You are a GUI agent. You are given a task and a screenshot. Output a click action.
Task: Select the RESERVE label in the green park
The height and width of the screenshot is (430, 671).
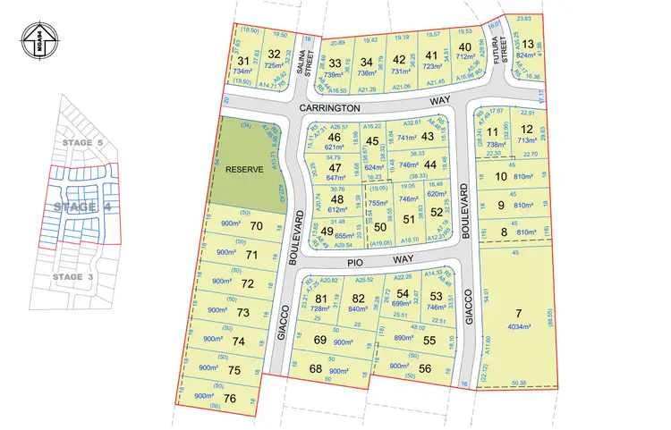coord(242,170)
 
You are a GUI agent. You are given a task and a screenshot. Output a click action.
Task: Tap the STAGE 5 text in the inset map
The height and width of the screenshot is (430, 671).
coord(78,142)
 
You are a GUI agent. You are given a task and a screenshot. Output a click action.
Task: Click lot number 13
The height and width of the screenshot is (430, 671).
coord(530,45)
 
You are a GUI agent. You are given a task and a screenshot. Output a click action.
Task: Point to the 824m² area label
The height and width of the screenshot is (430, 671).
coord(530,55)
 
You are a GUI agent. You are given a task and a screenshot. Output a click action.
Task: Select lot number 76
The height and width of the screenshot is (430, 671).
coord(230,398)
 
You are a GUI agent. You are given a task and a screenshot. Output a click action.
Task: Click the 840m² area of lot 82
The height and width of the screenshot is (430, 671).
coord(358,309)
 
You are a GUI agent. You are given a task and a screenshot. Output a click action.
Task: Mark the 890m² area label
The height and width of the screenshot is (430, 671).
coord(403,339)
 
